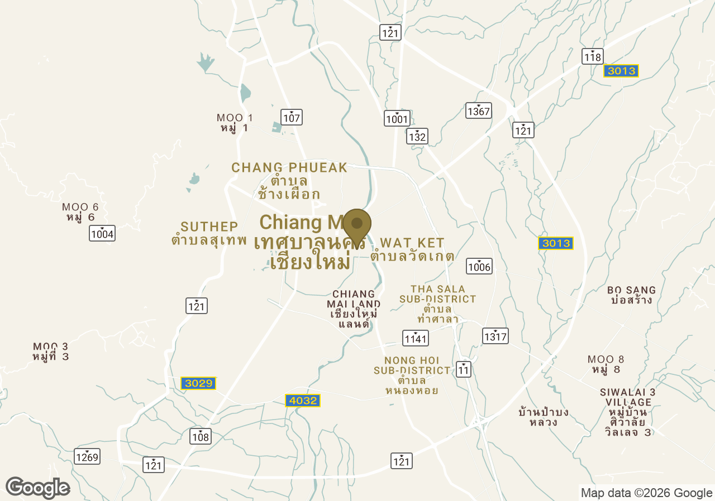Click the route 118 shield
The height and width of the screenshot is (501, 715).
(592, 56)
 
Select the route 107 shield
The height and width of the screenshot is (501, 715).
(292, 117)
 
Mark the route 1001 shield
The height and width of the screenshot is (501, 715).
(397, 118)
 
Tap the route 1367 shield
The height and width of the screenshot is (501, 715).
(479, 110)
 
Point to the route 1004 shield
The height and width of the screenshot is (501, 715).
(102, 233)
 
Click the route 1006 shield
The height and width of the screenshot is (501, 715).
(479, 266)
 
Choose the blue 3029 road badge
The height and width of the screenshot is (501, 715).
(198, 383)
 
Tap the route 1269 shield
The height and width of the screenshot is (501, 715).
(87, 457)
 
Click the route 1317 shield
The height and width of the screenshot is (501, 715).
(495, 336)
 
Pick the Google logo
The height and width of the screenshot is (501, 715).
(37, 488)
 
